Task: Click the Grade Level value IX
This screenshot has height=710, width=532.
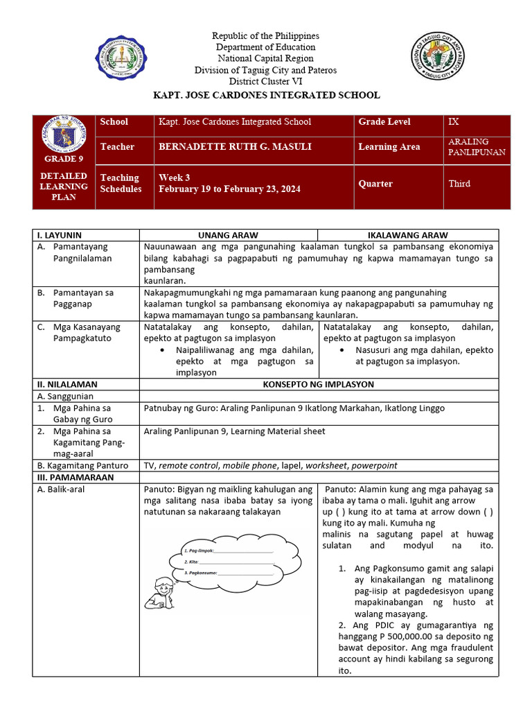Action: coord(454,122)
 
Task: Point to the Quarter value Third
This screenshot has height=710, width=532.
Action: coord(459,184)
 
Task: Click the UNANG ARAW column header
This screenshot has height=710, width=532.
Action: coord(228,236)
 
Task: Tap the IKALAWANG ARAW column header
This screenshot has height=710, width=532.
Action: coord(407,236)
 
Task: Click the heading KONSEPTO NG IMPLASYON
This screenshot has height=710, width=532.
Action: coord(319,384)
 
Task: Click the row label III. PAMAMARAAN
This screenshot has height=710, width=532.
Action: coord(69,478)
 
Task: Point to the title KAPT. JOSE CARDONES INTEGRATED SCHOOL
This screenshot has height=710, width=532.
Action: coord(266,95)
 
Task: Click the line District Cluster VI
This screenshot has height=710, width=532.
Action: coord(266,81)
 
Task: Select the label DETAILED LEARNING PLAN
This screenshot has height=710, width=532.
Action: coord(63,187)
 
